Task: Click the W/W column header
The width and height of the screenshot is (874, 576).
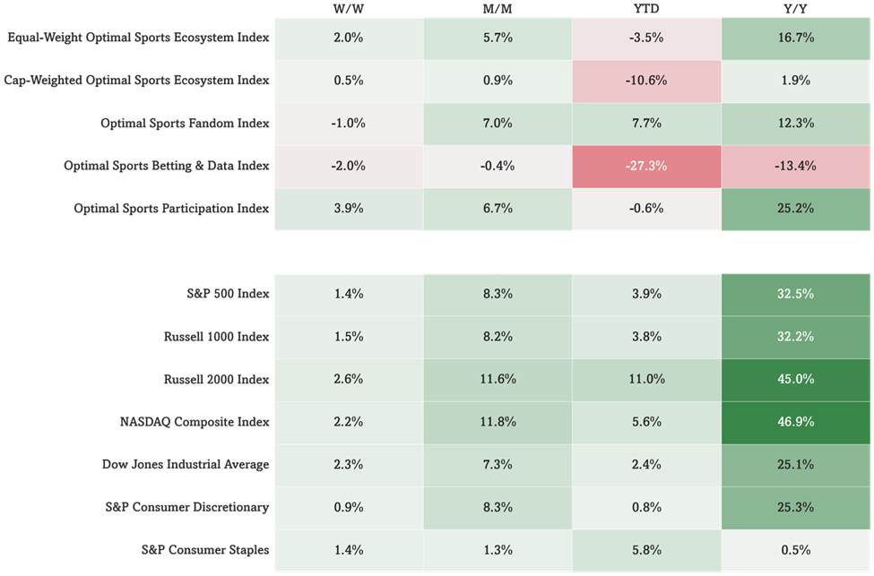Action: pos(349,9)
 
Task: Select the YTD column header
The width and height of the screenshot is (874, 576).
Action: pos(646,9)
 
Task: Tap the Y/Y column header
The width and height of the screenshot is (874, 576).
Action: pos(795,9)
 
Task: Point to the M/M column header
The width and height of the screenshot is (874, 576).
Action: pos(498,9)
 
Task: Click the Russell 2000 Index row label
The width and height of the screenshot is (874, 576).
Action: pos(216,379)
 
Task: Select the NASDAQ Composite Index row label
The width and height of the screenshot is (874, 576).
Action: pos(195,422)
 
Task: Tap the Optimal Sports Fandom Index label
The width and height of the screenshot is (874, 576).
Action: pos(185,123)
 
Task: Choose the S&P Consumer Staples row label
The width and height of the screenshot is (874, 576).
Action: pos(205,550)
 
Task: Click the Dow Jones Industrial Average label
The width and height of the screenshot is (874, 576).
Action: pos(186,465)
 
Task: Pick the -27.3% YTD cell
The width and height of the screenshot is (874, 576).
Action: pos(646,166)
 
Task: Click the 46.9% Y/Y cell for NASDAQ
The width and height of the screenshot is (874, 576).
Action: pos(796,422)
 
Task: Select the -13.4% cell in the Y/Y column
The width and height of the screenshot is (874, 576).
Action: pos(796,166)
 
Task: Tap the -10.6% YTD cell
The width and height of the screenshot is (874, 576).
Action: pos(646,81)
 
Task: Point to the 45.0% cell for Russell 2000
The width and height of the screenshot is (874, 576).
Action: pos(796,379)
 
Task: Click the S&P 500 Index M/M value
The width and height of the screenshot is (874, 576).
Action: pos(498,294)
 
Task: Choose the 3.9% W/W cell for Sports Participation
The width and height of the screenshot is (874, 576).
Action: pos(349,209)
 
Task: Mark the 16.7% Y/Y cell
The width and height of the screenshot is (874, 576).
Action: pos(796,38)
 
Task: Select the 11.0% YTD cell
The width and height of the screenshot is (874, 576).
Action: pos(646,379)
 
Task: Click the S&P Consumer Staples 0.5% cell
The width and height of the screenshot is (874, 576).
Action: pos(796,550)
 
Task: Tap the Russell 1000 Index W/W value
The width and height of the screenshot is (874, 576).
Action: pos(349,337)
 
